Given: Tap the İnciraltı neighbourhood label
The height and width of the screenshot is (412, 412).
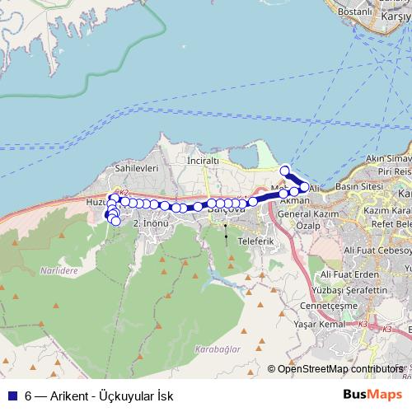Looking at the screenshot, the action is click(x=205, y=160).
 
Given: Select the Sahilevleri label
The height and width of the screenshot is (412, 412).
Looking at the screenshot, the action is click(x=136, y=167).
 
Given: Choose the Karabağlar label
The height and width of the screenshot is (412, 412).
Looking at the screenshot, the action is click(x=220, y=349).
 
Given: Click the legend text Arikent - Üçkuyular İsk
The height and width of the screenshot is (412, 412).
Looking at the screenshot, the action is click(x=106, y=396).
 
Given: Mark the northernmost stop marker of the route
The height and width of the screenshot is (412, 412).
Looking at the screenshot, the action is click(x=285, y=171).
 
